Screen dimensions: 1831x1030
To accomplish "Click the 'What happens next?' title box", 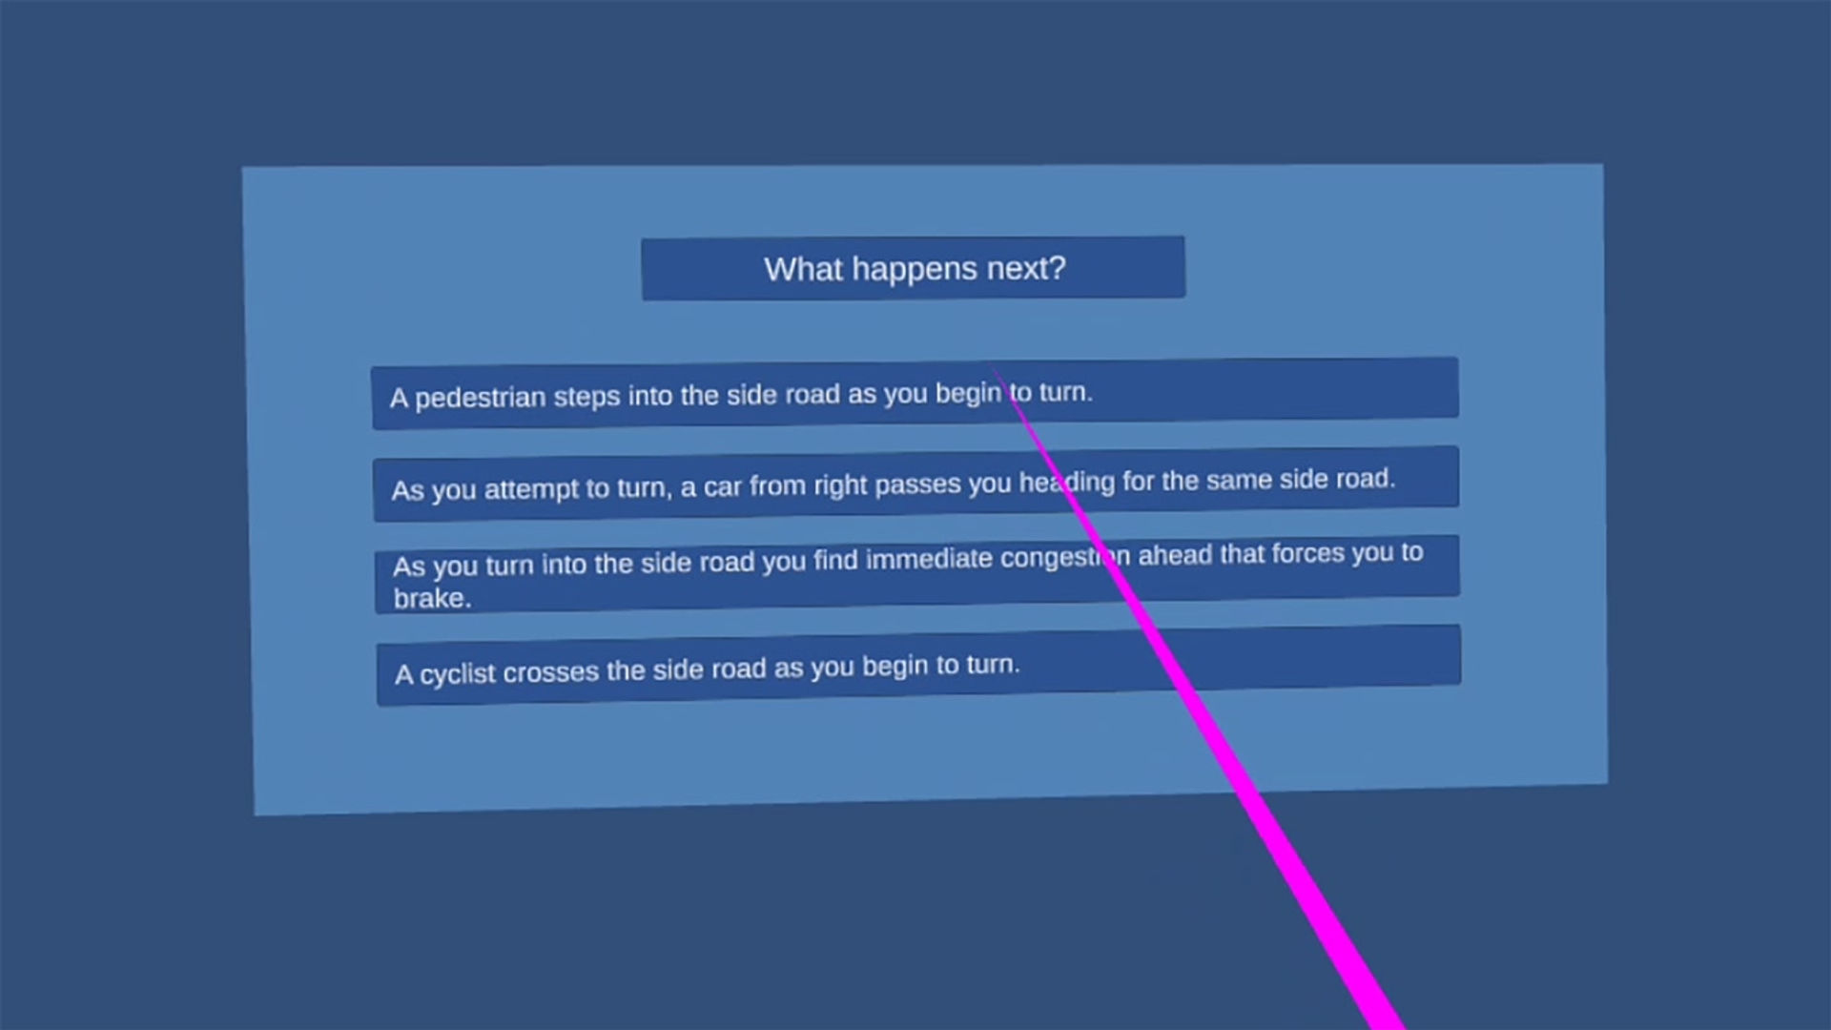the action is pyautogui.click(x=914, y=268).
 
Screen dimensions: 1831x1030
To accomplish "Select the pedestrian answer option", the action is pyautogui.click(x=915, y=393).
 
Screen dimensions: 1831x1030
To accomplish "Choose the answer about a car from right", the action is pyautogui.click(x=915, y=483).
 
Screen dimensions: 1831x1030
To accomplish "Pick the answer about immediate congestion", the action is pyautogui.click(x=916, y=574).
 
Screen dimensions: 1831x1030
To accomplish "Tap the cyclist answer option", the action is pyautogui.click(x=918, y=665).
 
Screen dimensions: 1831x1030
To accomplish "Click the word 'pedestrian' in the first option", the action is pyautogui.click(x=480, y=398).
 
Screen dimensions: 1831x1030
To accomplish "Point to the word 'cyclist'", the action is pyautogui.click(x=457, y=674).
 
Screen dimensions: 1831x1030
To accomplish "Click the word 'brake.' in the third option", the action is pyautogui.click(x=432, y=598).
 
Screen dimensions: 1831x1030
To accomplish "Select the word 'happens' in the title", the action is pyautogui.click(x=915, y=270).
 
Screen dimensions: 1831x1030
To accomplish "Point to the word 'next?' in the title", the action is pyautogui.click(x=1026, y=269).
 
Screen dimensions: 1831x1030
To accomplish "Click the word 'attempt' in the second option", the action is pyautogui.click(x=530, y=489).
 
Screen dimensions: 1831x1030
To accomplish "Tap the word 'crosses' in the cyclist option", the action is pyautogui.click(x=550, y=672).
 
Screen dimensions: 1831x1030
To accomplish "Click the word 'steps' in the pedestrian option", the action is pyautogui.click(x=586, y=396).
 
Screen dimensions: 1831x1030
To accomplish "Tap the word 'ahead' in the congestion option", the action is pyautogui.click(x=1175, y=555).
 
